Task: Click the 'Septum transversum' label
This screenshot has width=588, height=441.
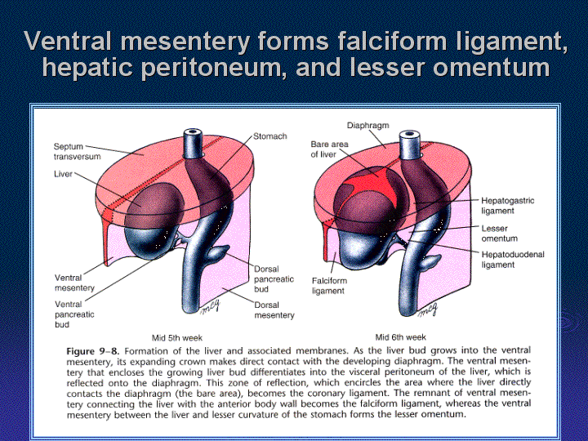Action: [x=78, y=152]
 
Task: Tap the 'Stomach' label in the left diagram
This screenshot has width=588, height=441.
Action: [x=270, y=136]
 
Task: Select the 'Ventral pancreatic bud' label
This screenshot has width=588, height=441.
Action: [x=74, y=314]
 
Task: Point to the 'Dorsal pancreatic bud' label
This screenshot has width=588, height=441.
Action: [x=274, y=279]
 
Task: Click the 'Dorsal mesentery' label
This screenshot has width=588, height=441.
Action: [x=274, y=310]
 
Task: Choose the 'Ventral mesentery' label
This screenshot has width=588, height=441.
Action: [x=74, y=283]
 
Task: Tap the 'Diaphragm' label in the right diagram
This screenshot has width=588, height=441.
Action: [x=367, y=125]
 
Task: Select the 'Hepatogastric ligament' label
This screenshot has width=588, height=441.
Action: [x=508, y=206]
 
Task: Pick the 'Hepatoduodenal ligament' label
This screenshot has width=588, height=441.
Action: [x=513, y=260]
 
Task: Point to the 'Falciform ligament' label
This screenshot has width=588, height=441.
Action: [x=329, y=286]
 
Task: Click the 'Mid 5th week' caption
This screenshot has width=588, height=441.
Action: [x=177, y=338]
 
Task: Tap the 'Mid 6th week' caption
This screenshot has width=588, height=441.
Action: [x=400, y=337]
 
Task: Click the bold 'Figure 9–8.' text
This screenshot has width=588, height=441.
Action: [x=92, y=351]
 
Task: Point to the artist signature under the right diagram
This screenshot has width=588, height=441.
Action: [x=428, y=310]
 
